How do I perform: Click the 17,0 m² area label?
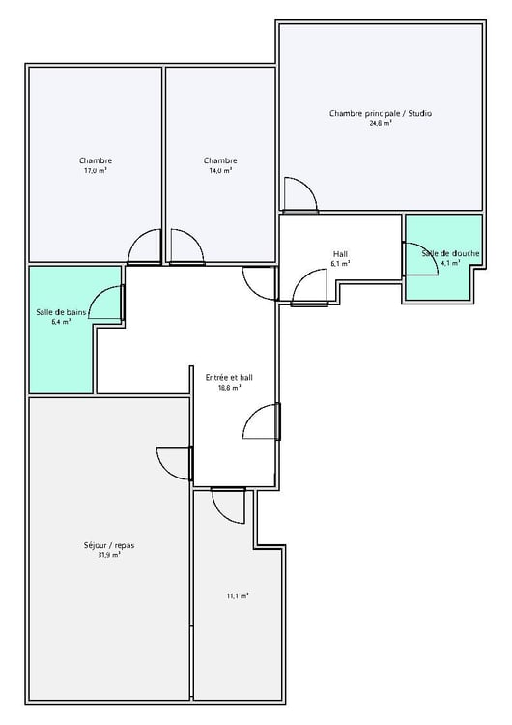95,170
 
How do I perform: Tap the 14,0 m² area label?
220,170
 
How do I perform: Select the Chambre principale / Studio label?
381,113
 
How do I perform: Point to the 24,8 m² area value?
381,124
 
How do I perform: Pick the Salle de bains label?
61,312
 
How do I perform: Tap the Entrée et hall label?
229,377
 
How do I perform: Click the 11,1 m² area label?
238,596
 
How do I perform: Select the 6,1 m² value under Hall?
340,263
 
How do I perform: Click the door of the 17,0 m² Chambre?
145,247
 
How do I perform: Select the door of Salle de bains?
106,303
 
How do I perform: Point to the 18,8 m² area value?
229,387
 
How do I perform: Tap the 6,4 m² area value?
61,322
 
